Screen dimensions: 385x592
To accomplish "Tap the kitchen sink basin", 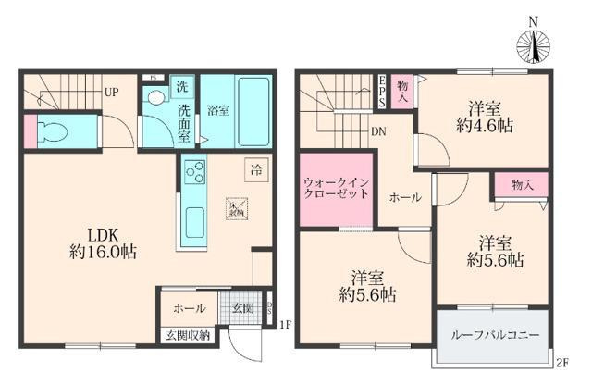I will (196, 222).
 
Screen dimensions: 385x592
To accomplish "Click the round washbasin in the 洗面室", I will (155, 96).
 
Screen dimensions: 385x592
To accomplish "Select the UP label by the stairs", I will (110, 92).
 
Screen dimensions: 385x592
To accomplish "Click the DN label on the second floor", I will (378, 131).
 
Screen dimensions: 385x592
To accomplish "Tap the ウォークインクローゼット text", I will (336, 188).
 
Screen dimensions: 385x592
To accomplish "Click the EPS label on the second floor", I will (381, 91).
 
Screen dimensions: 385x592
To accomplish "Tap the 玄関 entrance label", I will (241, 308).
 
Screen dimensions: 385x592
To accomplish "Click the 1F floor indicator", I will (286, 324).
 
